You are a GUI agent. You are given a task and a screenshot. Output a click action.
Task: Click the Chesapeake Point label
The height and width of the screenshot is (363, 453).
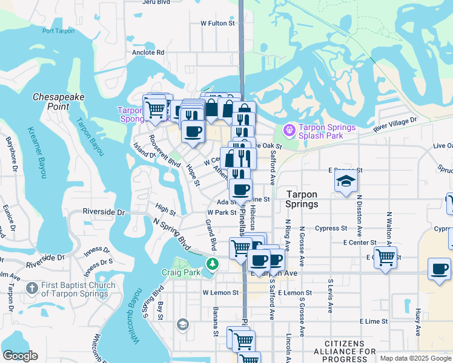(58, 101)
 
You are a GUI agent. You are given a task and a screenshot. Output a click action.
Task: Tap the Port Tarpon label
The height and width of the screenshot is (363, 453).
(59, 31)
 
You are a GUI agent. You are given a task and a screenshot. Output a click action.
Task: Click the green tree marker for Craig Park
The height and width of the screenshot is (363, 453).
(212, 264)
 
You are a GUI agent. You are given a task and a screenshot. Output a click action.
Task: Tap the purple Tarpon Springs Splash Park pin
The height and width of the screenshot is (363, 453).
(288, 129)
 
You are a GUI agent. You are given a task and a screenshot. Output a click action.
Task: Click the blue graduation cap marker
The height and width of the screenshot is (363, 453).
(346, 181)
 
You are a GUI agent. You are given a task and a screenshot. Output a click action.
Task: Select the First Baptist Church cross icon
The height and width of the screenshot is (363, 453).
(32, 290)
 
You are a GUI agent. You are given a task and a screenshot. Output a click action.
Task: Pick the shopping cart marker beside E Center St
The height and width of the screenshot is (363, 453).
(385, 257)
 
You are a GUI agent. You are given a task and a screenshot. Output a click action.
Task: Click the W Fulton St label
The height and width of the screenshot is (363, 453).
(217, 23)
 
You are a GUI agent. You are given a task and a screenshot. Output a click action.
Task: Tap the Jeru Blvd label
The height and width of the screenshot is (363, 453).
(153, 2)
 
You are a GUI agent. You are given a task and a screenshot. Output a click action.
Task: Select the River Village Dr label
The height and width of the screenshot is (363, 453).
(395, 125)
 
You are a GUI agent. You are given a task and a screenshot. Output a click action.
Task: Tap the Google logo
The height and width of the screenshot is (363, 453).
(20, 356)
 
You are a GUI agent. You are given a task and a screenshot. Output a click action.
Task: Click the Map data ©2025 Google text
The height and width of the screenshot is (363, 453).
(415, 358)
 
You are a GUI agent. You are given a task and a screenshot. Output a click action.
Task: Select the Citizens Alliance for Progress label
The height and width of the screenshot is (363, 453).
(350, 352)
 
